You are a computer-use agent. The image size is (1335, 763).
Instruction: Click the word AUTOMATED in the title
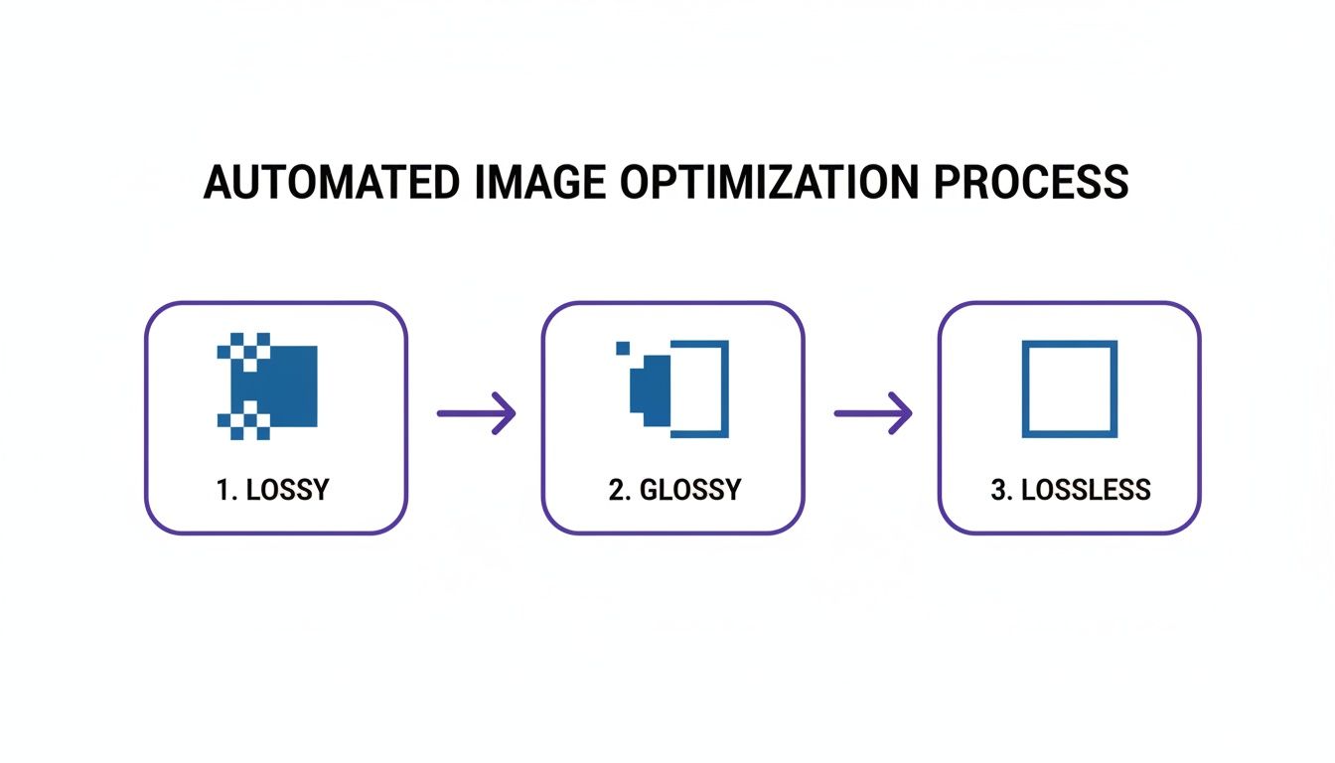(331, 183)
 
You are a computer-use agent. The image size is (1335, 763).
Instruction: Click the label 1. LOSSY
(273, 490)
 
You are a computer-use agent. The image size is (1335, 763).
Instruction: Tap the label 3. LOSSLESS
(1071, 490)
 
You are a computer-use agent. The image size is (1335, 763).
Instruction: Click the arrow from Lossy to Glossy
(476, 412)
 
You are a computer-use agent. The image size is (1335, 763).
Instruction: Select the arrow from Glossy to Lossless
(872, 412)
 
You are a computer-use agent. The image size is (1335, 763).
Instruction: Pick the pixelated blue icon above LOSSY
(267, 386)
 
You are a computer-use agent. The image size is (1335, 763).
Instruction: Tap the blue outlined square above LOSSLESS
(1070, 388)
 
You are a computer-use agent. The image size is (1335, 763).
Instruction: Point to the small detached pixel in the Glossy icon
(623, 348)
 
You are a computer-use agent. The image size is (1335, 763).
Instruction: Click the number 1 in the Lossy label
(222, 490)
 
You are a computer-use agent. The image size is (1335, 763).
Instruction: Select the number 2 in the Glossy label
(615, 490)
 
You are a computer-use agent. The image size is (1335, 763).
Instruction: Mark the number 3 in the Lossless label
(997, 490)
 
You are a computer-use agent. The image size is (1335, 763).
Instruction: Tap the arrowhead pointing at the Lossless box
(901, 412)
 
